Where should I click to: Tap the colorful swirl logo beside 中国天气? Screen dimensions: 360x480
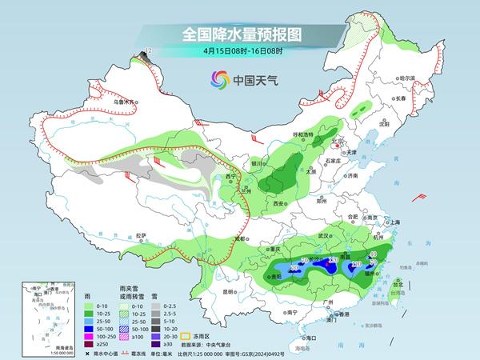pos(219,79)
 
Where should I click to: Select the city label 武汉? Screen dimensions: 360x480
pos(324,236)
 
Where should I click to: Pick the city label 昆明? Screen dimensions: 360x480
pos(230,291)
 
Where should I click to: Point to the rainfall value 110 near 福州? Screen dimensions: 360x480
pos(358,263)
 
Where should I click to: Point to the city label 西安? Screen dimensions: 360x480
pos(278,205)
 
